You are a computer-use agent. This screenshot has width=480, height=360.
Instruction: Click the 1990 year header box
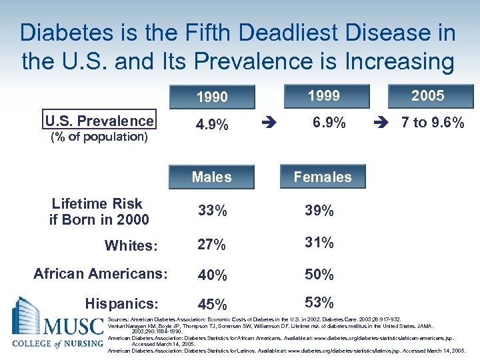[x=212, y=97]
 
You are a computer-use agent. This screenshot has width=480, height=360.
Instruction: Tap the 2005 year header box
[x=427, y=96]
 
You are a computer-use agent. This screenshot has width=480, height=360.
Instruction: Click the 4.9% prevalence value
[x=212, y=125]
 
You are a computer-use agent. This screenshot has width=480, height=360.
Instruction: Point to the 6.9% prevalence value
[x=329, y=123]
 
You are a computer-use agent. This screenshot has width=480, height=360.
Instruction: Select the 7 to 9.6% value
[x=432, y=123]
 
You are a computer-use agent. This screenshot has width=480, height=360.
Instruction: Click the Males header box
[x=212, y=177]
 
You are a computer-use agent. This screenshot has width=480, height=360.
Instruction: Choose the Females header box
[x=323, y=177]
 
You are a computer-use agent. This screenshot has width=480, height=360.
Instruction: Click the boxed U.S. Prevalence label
[x=99, y=121]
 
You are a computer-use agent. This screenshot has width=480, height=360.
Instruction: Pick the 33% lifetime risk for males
[x=212, y=211]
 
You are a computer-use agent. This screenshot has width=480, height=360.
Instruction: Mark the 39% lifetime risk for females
[x=319, y=211]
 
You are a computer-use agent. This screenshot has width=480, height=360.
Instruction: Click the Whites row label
[x=131, y=245]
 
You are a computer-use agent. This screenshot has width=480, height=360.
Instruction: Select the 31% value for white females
[x=319, y=243]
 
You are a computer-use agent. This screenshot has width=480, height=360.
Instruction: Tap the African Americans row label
[x=101, y=273]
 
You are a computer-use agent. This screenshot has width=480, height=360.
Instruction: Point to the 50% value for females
[x=319, y=274]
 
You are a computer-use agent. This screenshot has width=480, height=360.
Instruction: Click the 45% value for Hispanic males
[x=212, y=305]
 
